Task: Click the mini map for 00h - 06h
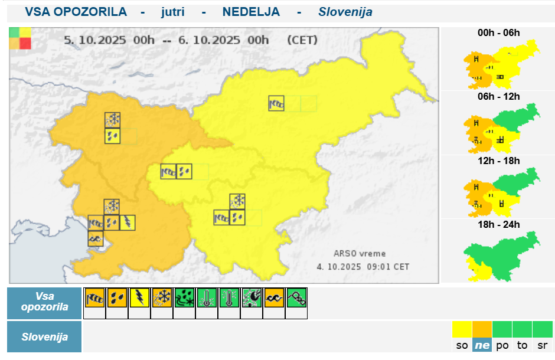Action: point(500,64)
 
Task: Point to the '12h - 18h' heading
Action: point(499,161)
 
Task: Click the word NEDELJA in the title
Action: point(251,12)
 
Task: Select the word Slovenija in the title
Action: point(345,12)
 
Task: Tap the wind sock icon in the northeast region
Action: point(276,103)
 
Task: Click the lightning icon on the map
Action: point(128,222)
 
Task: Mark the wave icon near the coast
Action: point(96,238)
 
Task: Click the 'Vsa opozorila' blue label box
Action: point(44,302)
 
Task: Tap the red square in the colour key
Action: point(25,43)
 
